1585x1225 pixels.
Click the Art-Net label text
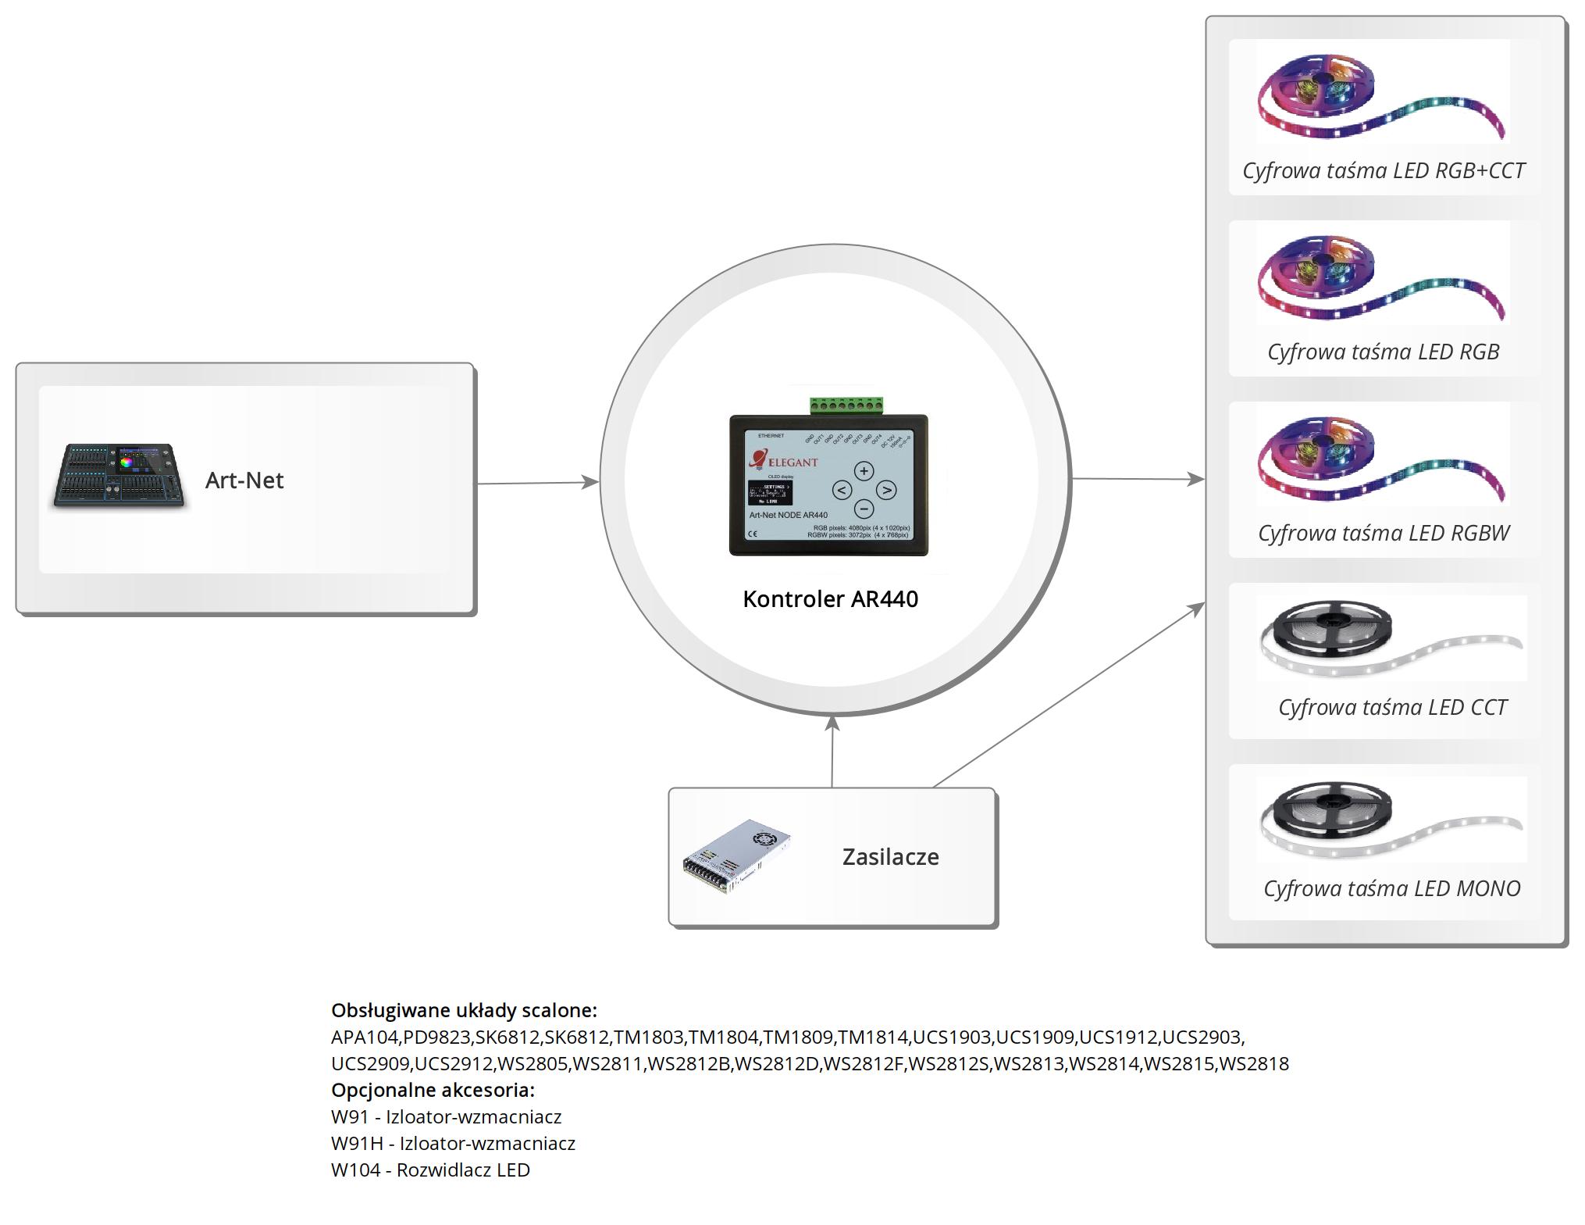[x=244, y=480]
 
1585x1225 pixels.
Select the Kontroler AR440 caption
[x=830, y=599]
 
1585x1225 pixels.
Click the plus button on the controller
[x=864, y=471]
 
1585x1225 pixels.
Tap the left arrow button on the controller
[x=841, y=490]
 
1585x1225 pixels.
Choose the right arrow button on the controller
[x=886, y=490]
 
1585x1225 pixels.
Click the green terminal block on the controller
[x=847, y=405]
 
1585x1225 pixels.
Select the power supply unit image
[x=736, y=857]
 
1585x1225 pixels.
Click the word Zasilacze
[x=890, y=857]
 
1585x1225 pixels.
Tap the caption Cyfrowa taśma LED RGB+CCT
[x=1384, y=170]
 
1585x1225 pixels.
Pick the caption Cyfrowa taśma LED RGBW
[x=1384, y=533]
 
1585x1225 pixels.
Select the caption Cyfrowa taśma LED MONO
[x=1391, y=888]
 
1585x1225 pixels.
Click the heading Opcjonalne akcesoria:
[x=433, y=1090]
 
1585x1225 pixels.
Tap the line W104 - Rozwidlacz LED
[x=430, y=1170]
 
